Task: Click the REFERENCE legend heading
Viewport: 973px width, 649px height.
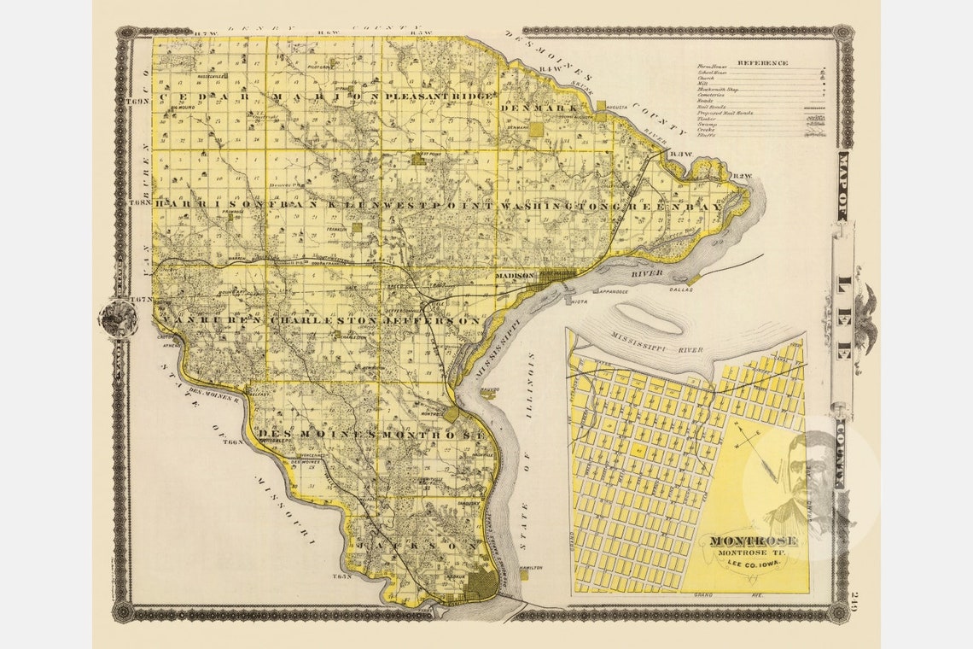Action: click(762, 63)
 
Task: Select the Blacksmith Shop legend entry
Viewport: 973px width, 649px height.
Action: click(720, 89)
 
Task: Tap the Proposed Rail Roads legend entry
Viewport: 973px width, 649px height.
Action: click(725, 113)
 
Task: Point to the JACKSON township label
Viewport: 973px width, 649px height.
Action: click(417, 544)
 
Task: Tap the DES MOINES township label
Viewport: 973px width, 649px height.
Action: click(315, 434)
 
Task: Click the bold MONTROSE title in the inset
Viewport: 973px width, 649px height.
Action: click(742, 541)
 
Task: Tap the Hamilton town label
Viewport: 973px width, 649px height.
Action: click(530, 567)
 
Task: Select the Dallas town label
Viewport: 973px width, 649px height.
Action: click(680, 290)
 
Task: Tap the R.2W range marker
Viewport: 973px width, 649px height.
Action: click(744, 177)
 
